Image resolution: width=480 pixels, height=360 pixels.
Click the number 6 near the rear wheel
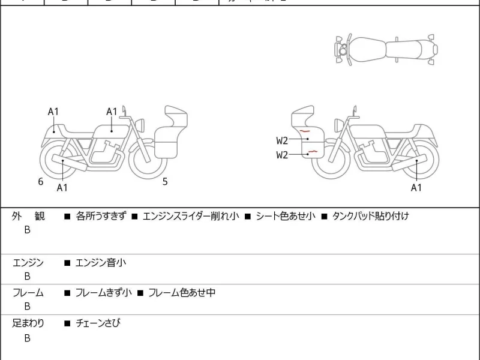click(x=41, y=181)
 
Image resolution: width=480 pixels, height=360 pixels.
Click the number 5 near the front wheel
click(x=165, y=181)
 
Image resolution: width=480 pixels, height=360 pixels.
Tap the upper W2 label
click(x=283, y=141)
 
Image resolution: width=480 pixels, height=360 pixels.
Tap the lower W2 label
click(x=283, y=155)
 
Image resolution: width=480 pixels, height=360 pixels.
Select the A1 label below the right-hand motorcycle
click(x=416, y=188)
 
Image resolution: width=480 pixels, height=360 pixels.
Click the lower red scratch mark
click(x=312, y=152)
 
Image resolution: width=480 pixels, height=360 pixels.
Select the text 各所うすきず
click(x=101, y=216)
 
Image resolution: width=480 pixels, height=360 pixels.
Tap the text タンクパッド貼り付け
click(x=370, y=216)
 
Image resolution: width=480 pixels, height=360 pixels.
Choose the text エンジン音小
click(x=101, y=263)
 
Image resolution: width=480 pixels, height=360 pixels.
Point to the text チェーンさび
click(x=98, y=323)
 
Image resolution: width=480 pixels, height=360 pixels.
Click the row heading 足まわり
click(x=28, y=323)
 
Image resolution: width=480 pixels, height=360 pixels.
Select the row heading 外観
click(x=28, y=216)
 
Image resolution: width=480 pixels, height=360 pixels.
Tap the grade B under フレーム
click(x=27, y=306)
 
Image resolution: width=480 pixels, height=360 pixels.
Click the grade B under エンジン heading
click(x=27, y=276)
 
